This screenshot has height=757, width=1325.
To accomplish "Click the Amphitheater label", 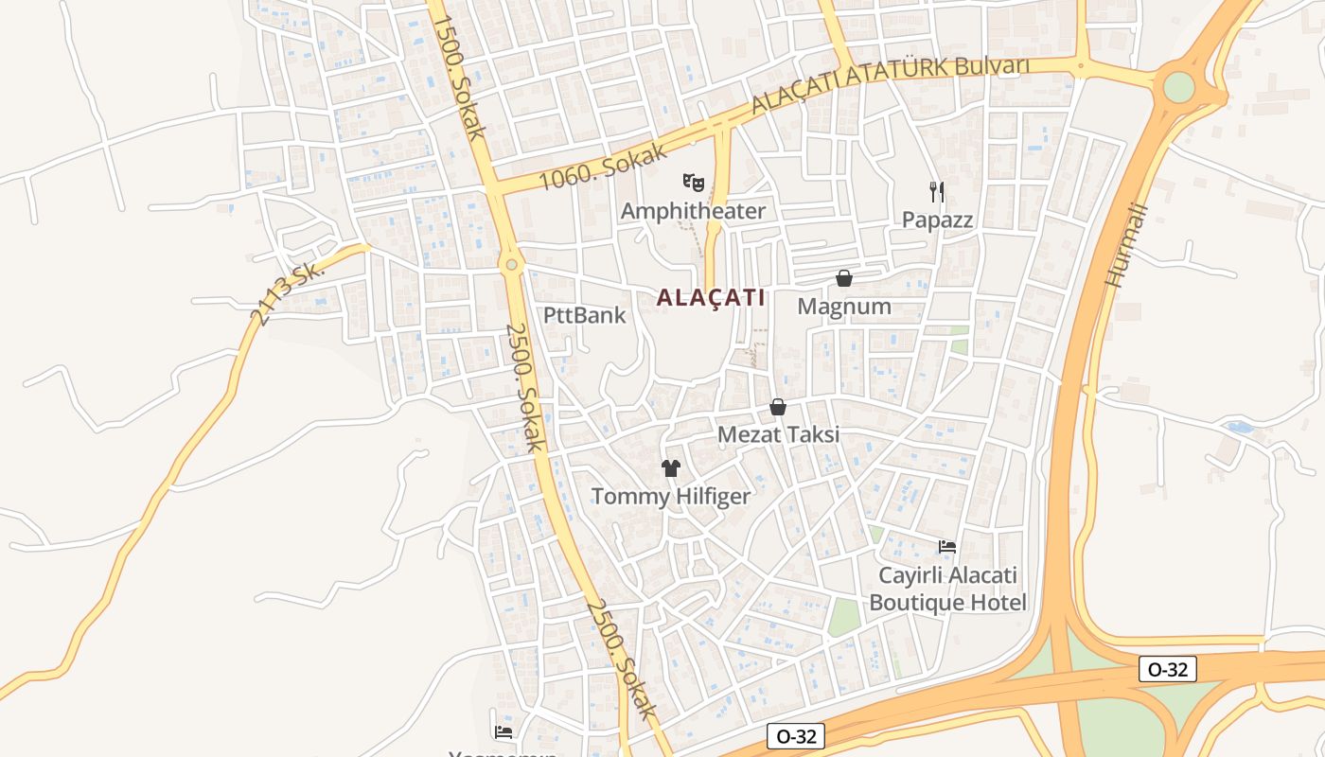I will (x=693, y=211).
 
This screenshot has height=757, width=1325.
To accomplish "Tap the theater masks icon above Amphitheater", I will (x=693, y=180).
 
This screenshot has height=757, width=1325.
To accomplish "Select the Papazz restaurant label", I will (x=937, y=220).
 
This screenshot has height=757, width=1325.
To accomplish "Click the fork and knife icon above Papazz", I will (x=937, y=192).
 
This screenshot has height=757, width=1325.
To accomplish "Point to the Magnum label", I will (x=844, y=307).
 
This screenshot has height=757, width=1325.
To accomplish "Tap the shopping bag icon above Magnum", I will (x=844, y=278).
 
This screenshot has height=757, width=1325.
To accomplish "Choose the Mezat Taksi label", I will (x=778, y=434).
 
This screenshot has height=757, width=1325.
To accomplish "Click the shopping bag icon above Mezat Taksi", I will (x=778, y=407).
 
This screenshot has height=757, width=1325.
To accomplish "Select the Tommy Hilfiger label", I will (x=671, y=496).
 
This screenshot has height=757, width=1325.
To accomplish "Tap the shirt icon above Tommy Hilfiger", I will (x=671, y=467).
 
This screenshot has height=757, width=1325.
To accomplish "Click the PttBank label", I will (x=585, y=315).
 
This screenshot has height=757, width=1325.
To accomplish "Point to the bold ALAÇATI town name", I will (x=711, y=297).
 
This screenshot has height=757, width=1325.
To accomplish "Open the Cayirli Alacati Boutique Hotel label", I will (x=947, y=589).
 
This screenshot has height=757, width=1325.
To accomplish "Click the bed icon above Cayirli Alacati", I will (x=946, y=547).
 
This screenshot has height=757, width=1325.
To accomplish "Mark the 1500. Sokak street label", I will (x=460, y=78).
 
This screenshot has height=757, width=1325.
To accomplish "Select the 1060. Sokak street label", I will (x=603, y=167).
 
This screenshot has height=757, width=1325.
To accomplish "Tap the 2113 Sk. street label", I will (x=289, y=293).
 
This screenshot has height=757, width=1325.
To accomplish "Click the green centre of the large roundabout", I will (x=1178, y=87).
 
